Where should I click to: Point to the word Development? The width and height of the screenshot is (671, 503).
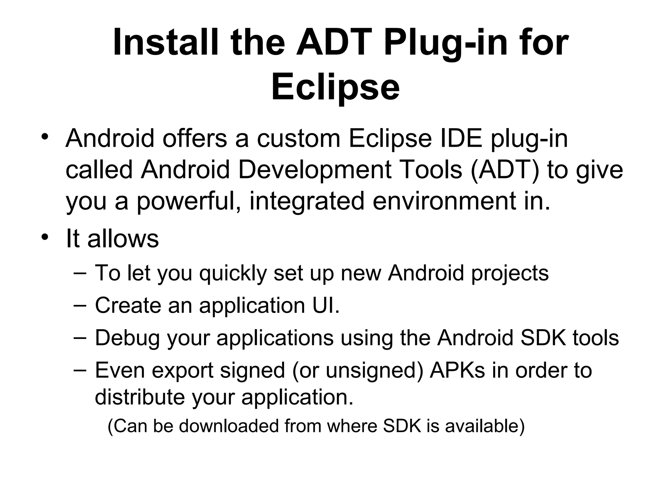(x=315, y=170)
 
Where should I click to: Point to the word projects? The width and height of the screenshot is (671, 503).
(x=510, y=273)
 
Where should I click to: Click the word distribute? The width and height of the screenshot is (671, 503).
(x=140, y=397)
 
